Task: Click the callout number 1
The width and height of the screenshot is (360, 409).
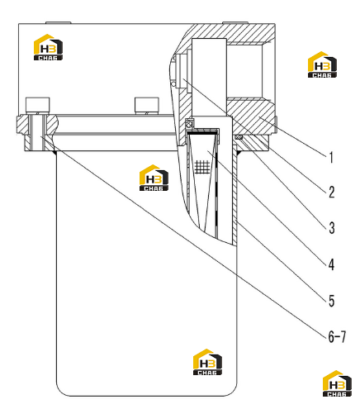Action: point(331,158)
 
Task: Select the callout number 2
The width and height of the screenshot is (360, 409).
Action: point(332,192)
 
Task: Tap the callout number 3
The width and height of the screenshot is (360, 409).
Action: point(332,228)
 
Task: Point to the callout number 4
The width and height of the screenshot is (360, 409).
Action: point(331,264)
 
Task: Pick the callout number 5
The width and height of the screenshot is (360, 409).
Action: point(332,301)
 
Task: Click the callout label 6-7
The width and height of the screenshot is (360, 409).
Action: point(337,336)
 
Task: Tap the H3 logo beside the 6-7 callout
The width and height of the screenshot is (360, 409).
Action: point(337,383)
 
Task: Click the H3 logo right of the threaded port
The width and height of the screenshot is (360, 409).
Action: point(322,64)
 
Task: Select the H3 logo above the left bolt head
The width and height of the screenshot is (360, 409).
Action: point(48,47)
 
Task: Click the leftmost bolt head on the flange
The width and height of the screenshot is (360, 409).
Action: point(38,105)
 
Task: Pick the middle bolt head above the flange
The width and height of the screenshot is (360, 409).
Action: point(147,105)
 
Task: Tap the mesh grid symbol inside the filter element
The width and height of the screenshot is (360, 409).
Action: point(202,167)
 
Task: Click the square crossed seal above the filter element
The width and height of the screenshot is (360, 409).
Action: point(190,122)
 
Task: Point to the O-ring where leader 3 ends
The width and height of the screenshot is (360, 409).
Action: point(239,136)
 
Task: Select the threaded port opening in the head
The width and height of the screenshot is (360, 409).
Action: point(250,71)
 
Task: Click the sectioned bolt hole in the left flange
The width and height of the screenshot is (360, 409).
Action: point(38,133)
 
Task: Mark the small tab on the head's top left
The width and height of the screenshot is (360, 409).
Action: point(59,22)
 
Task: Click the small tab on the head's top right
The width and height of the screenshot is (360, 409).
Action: point(234,22)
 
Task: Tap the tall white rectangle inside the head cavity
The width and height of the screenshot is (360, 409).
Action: point(209,77)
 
